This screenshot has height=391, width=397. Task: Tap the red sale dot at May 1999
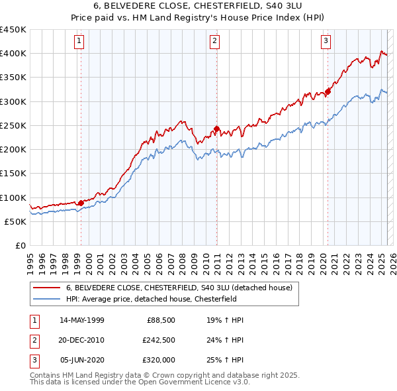click(81, 203)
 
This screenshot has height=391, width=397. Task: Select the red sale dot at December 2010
click(216, 129)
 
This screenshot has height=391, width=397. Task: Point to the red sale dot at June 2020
click(328, 92)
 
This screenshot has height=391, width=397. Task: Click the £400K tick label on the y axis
click(13, 54)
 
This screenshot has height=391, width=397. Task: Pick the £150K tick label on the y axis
click(13, 174)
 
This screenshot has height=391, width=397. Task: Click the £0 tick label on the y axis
click(20, 246)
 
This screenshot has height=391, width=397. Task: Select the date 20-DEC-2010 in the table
click(82, 340)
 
